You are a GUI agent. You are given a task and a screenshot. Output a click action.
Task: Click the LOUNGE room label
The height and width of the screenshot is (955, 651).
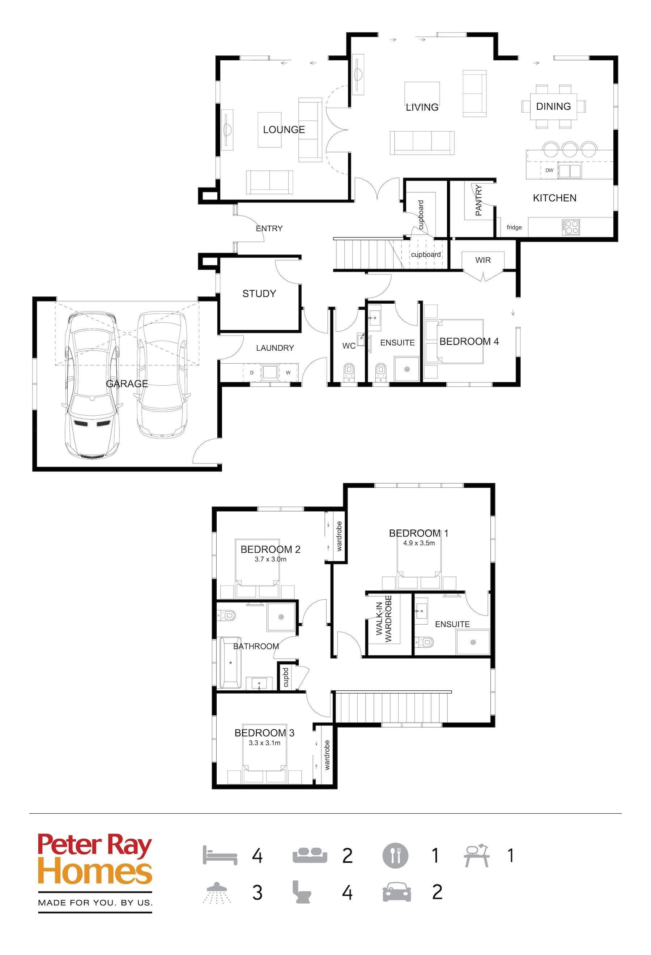pos(284,129)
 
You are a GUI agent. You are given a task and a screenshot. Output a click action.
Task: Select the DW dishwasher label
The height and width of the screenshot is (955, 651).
pos(549,170)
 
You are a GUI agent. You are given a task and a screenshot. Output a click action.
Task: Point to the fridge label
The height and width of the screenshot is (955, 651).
pos(514,227)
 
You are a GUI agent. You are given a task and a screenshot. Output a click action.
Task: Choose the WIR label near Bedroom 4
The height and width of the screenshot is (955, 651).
pos(483,260)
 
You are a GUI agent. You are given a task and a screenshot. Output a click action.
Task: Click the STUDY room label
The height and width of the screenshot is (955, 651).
pos(259,294)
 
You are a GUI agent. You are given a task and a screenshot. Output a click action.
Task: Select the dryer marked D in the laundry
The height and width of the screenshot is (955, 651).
pos(252,373)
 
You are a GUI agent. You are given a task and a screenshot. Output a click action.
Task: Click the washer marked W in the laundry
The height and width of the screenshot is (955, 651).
pos(288,373)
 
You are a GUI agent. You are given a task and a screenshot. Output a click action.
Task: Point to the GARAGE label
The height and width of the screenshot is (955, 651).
pos(127,384)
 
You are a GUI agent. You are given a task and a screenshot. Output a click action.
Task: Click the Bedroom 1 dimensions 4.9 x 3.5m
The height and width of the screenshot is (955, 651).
pos(419,543)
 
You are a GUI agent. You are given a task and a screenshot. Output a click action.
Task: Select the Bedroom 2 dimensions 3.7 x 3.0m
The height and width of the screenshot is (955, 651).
pos(270,559)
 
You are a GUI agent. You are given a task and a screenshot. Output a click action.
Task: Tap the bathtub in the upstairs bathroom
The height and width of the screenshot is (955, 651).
pos(231,663)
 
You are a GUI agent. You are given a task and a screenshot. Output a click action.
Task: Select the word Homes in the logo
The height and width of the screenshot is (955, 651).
pos(95,874)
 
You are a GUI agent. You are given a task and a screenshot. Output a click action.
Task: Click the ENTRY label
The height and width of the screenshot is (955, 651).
pos(269,228)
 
